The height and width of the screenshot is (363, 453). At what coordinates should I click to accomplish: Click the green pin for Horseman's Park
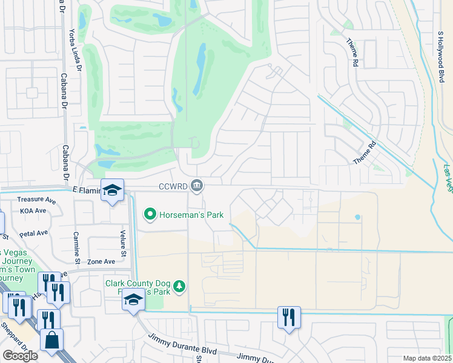pyautogui.click(x=150, y=214)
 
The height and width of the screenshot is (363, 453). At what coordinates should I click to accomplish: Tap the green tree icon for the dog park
pyautogui.click(x=179, y=286)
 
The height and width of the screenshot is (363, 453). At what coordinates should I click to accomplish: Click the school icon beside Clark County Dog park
pyautogui.click(x=133, y=299)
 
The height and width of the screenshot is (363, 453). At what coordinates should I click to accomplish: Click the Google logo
pyautogui.click(x=20, y=355)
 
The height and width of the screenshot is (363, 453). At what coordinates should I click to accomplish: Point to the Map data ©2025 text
pyautogui.click(x=426, y=358)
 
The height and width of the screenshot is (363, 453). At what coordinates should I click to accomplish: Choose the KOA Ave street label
pyautogui.click(x=33, y=211)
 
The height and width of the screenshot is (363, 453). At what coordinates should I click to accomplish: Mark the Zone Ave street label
pyautogui.click(x=101, y=261)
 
